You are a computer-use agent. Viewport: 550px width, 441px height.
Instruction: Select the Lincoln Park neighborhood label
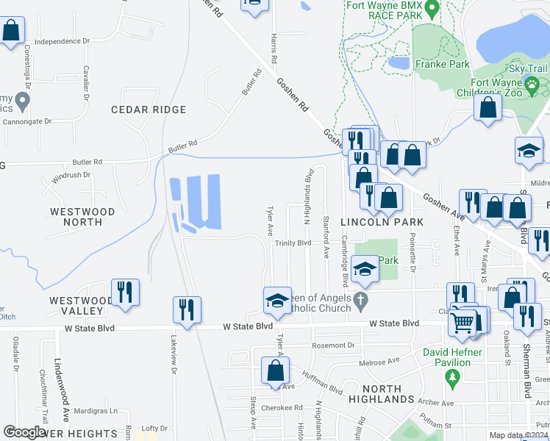(382, 222)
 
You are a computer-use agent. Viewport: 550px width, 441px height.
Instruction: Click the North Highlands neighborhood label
(382, 394)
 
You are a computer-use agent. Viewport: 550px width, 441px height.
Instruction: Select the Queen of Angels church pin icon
(360, 300)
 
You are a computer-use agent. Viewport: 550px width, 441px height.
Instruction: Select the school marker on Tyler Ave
(277, 299)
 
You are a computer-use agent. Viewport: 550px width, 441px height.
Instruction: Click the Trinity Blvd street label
(293, 243)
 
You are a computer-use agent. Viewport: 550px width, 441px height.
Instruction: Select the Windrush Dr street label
(71, 176)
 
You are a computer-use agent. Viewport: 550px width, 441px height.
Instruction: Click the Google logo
(24, 432)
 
